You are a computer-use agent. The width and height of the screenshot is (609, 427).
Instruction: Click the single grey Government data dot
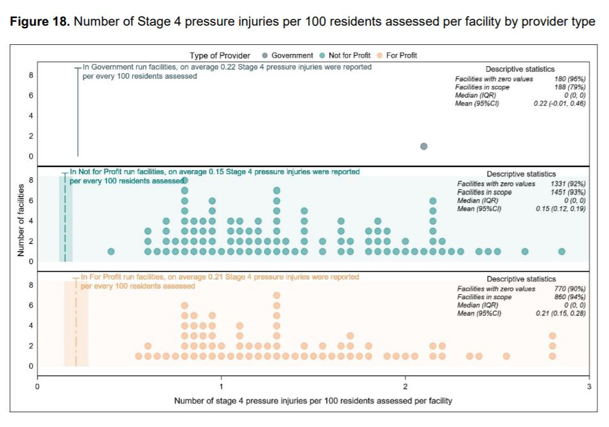click(424, 146)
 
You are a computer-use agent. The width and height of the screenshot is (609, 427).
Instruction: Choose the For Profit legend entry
click(401, 56)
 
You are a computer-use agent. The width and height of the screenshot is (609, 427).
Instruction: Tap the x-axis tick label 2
click(405, 387)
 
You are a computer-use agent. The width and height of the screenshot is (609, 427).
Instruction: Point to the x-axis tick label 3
click(588, 387)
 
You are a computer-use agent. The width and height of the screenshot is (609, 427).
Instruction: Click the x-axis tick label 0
click(37, 387)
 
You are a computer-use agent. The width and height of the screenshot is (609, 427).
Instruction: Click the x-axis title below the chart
click(313, 401)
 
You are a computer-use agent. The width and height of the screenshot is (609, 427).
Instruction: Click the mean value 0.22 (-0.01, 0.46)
click(560, 103)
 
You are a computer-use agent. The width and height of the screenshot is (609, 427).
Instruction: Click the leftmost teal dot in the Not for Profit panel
click(111, 251)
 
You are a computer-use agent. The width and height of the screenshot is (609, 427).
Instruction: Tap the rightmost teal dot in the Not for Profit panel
click(562, 251)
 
